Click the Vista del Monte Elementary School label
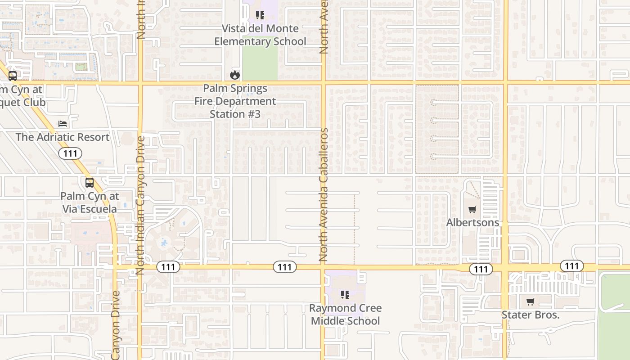[x=260, y=35]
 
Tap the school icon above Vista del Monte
[x=260, y=16]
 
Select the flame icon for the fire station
[x=234, y=75]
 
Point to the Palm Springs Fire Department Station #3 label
[x=235, y=101]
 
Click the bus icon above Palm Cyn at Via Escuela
[x=90, y=183]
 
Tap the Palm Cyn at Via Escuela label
[x=90, y=202]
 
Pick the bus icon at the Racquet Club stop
[x=13, y=76]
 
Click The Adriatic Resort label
[x=63, y=137]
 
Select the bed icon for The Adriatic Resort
[x=63, y=124]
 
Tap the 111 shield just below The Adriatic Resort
[x=70, y=153]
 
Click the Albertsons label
[x=472, y=222]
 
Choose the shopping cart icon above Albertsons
[x=472, y=209]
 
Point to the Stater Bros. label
[x=531, y=315]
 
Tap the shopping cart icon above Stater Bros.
[x=531, y=301]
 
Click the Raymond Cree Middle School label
[x=346, y=315]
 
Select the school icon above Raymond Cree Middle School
[x=345, y=295]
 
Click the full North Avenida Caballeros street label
[x=324, y=195]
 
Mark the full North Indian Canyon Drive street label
[x=139, y=205]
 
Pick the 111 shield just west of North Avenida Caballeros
[x=284, y=267]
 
